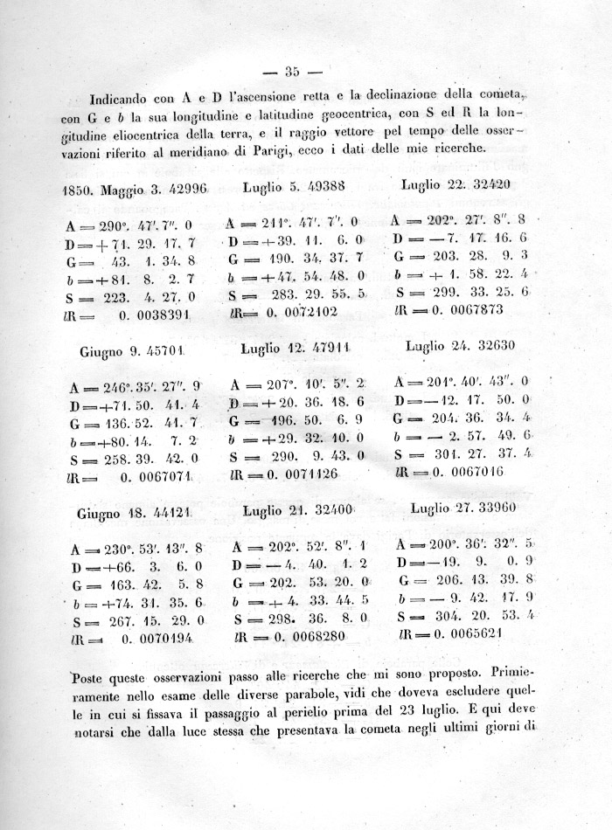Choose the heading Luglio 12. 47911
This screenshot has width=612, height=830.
295,347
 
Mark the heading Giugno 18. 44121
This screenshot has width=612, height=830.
141,512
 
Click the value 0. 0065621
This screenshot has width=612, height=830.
481,633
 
